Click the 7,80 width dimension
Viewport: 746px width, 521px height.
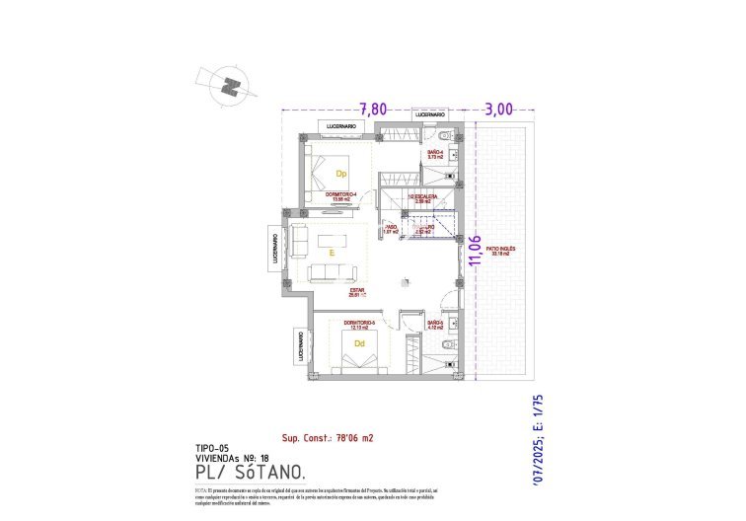(x=372, y=109)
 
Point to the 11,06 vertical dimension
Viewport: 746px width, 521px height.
(x=476, y=251)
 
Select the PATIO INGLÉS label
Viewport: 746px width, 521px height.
(x=500, y=251)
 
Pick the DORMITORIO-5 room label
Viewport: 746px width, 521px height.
(x=359, y=325)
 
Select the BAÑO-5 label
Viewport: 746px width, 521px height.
(x=435, y=325)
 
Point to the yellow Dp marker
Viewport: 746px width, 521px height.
(x=341, y=176)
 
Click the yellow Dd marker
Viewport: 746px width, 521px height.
(x=359, y=343)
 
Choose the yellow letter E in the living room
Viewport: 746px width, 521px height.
(x=332, y=254)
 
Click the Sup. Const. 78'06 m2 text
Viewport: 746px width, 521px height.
(x=328, y=437)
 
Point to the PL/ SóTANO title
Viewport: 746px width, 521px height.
(x=243, y=474)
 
